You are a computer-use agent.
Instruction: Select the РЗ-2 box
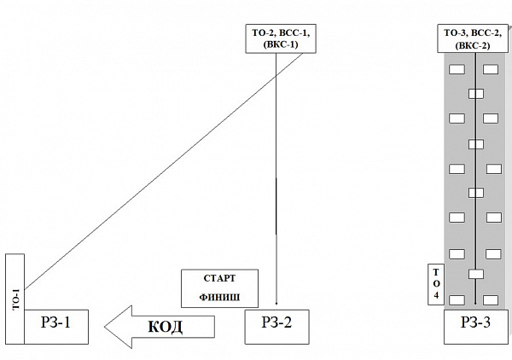(x=276, y=325)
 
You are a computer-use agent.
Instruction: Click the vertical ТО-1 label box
(x=15, y=298)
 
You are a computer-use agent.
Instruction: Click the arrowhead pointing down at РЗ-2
(x=276, y=304)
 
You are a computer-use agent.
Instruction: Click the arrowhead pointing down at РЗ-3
(x=474, y=303)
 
